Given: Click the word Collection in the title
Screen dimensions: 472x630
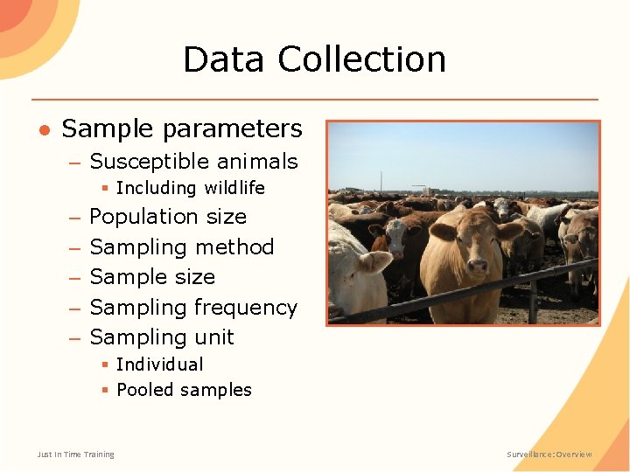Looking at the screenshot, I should [362, 59].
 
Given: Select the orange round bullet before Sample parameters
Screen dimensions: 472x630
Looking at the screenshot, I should [43, 129].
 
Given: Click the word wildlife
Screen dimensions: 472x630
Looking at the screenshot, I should [234, 188].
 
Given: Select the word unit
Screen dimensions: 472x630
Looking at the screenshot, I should [214, 337].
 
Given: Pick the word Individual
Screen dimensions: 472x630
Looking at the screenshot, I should [159, 364].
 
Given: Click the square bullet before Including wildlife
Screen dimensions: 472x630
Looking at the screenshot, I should [104, 189].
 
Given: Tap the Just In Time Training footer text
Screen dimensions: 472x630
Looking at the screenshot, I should [75, 455].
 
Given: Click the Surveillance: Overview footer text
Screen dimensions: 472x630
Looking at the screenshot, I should [549, 455].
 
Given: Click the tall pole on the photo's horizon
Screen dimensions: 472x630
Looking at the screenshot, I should [381, 182].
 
